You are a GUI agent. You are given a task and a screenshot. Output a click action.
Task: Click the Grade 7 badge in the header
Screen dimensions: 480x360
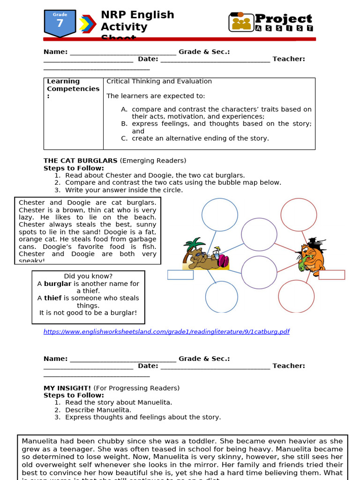(x=60, y=23)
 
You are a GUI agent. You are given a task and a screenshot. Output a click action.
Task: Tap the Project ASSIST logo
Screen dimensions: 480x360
(x=271, y=22)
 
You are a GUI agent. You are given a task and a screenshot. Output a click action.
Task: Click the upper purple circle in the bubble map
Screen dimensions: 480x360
(x=259, y=234)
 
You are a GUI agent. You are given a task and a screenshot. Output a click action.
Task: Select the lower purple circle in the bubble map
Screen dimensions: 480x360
(x=259, y=272)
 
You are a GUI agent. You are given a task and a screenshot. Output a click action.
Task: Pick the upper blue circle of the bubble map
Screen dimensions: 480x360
(x=220, y=214)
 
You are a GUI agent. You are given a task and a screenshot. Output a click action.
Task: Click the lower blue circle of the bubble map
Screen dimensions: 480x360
(x=221, y=296)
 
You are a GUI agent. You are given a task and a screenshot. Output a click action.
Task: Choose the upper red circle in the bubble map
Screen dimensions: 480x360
(x=299, y=214)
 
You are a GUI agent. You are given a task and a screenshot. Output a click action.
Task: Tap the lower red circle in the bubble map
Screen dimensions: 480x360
(x=296, y=296)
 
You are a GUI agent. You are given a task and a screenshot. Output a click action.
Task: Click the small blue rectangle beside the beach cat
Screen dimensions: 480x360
(x=180, y=275)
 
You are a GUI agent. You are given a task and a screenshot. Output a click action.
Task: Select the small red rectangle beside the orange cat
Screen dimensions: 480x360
(x=331, y=275)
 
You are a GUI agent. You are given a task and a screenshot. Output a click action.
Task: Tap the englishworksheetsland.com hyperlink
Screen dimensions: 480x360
(x=166, y=331)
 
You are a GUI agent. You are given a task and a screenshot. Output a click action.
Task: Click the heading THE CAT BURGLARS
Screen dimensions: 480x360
(x=81, y=161)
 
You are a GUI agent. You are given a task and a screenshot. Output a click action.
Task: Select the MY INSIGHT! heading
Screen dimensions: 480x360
(x=67, y=388)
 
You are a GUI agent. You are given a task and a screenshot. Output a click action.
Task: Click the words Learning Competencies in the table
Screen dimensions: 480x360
(x=73, y=85)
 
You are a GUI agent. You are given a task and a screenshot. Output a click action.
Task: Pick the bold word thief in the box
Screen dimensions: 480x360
(x=52, y=298)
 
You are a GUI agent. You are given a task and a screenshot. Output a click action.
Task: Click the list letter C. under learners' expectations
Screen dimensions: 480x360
(x=124, y=138)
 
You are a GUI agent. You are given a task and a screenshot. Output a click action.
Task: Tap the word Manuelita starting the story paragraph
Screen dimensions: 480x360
(x=39, y=441)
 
